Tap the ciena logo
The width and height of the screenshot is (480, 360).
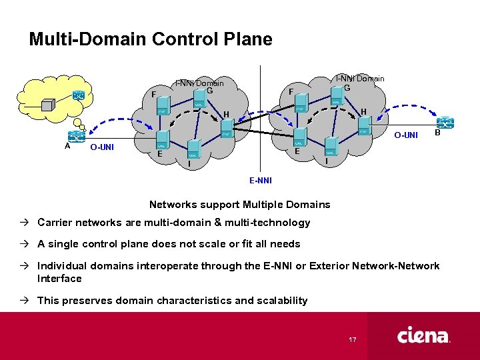423,335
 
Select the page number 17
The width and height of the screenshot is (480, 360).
353,340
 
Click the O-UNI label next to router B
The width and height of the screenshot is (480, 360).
405,135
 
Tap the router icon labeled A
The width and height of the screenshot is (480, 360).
76,135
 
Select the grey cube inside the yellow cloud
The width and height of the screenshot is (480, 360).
48,105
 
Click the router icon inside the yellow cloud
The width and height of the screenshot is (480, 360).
79,95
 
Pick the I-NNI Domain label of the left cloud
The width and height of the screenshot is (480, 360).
199,83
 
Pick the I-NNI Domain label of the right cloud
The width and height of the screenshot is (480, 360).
359,79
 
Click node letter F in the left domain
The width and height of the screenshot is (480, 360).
154,95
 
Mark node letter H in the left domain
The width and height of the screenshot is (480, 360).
226,115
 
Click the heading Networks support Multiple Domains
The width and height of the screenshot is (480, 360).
239,204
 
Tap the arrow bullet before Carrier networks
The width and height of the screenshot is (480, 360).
29,223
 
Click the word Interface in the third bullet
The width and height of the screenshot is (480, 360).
59,279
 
